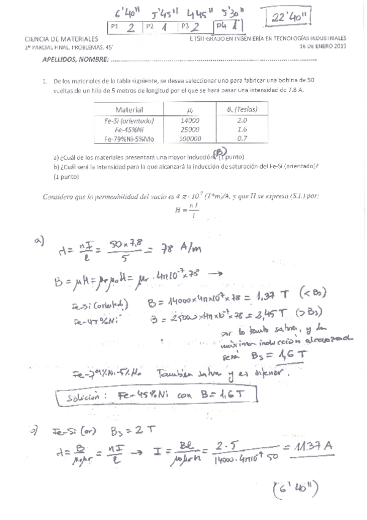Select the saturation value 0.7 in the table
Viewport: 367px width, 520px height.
pos(241,139)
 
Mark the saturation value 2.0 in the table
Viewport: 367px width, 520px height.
pos(241,121)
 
